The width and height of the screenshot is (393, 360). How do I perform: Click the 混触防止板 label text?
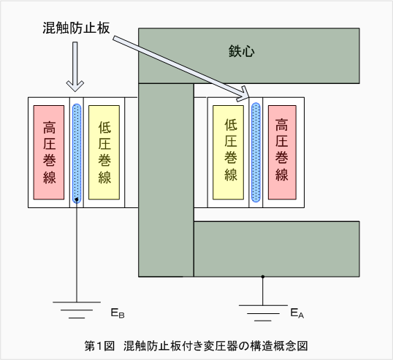[76, 28]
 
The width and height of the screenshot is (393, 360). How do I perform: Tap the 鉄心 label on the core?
[241, 51]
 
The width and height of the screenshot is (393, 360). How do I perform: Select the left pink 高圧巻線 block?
[49, 153]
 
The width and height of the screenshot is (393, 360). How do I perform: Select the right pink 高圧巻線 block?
[282, 153]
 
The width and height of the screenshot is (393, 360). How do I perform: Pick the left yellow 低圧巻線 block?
[104, 153]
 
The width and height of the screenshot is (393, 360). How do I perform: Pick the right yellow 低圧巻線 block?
[228, 153]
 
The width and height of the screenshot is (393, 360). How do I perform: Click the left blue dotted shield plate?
[77, 153]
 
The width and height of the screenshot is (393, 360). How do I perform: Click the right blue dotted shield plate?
[256, 153]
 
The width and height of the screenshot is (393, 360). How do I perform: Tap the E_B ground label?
[118, 313]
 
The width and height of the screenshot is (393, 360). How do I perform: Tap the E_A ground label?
[297, 313]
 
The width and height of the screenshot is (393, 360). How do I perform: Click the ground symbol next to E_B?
[77, 310]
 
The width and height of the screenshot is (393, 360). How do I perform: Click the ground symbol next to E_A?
[263, 313]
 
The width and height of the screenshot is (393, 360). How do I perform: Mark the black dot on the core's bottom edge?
[263, 277]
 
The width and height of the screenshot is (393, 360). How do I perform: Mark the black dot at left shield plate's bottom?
[77, 199]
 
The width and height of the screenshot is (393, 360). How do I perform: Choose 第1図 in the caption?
[99, 346]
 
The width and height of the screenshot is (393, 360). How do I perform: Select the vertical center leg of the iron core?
[166, 180]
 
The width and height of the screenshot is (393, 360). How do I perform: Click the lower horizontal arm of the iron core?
[277, 249]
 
